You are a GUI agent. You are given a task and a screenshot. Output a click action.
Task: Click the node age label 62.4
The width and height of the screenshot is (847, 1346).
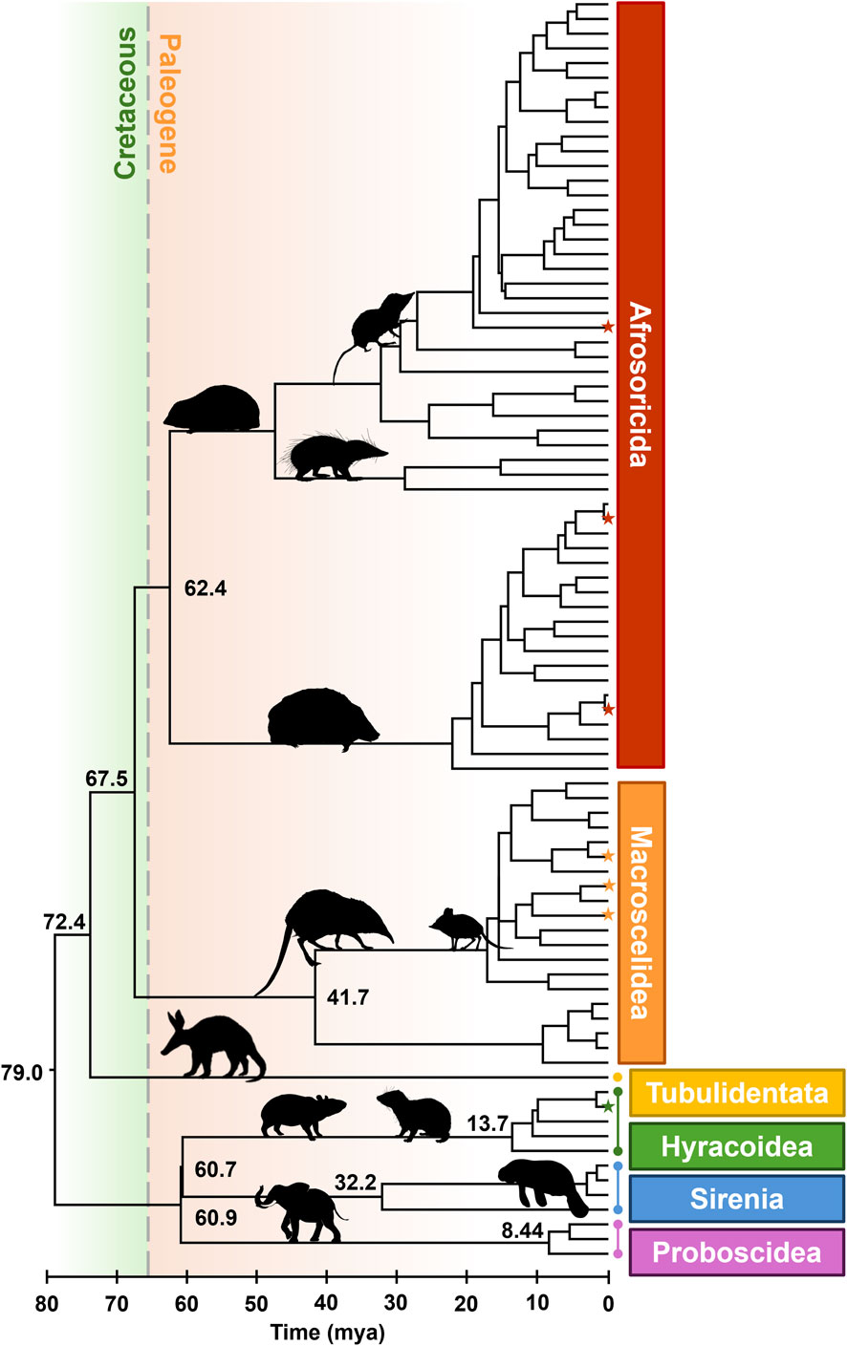206,588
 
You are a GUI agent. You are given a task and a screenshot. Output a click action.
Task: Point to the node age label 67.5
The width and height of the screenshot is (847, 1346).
106,779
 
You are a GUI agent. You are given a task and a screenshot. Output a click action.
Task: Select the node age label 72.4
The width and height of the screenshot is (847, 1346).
64,922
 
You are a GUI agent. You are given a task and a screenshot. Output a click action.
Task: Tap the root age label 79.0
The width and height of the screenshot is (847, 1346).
21,1072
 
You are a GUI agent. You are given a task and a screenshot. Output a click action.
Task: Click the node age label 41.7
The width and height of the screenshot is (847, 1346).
348,998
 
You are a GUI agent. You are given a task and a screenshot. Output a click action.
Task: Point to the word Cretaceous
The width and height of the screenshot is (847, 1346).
125,103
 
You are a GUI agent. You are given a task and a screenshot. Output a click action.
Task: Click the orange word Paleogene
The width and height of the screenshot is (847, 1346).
168,103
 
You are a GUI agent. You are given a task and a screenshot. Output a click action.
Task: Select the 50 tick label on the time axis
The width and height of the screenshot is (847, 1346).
256,1303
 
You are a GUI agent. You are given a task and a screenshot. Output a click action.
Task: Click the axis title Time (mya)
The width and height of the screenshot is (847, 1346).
327,1331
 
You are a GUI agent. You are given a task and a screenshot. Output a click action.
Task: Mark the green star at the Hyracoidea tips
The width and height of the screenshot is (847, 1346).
607,1107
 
